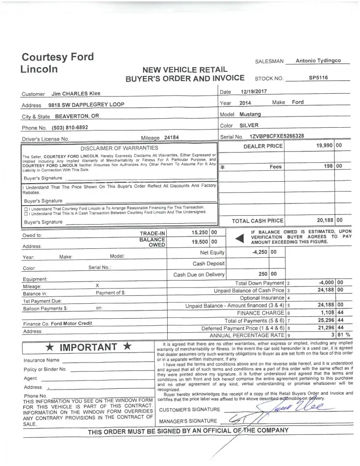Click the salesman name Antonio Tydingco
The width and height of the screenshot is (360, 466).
[318, 61]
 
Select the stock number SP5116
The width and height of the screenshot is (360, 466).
[318, 77]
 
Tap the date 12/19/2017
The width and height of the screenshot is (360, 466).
[254, 92]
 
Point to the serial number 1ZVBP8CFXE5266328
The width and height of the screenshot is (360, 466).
[277, 136]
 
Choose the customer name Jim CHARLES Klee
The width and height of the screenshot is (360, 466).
[75, 93]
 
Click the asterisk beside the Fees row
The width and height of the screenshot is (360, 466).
[223, 166]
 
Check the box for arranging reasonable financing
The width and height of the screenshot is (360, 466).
[26, 207]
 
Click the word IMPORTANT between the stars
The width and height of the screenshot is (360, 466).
[89, 347]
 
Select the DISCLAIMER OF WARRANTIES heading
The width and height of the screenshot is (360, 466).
[120, 148]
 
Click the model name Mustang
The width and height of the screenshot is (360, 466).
[250, 114]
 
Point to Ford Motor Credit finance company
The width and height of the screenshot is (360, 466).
[71, 323]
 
